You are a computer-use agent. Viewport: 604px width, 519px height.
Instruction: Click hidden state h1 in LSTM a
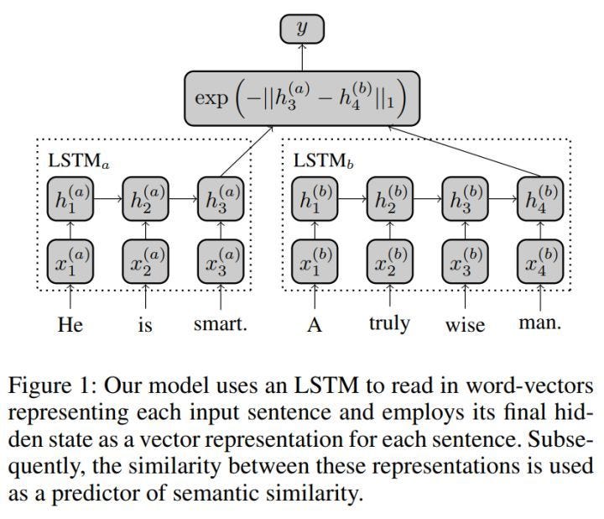70,200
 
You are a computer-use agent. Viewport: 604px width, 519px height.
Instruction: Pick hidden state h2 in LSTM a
145,200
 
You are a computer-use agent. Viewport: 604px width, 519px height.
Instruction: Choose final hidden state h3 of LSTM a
221,200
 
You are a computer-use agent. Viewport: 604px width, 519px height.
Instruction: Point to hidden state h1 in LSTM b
315,200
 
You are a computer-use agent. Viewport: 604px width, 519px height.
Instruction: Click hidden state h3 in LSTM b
465,200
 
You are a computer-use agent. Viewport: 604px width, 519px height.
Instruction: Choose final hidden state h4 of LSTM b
539,200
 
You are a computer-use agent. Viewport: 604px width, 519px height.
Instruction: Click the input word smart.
221,323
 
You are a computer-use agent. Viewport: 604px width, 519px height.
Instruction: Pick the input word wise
465,324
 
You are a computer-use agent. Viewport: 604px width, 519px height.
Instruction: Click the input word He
70,323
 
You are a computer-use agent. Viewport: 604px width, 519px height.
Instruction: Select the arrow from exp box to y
301,59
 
